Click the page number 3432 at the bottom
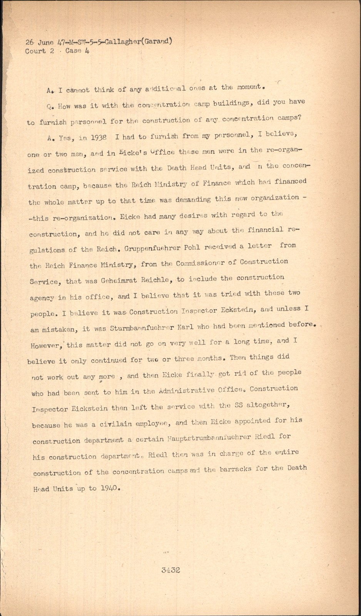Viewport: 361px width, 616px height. [x=170, y=570]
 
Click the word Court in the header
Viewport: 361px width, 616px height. [x=35, y=51]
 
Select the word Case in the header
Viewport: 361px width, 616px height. [x=73, y=50]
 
